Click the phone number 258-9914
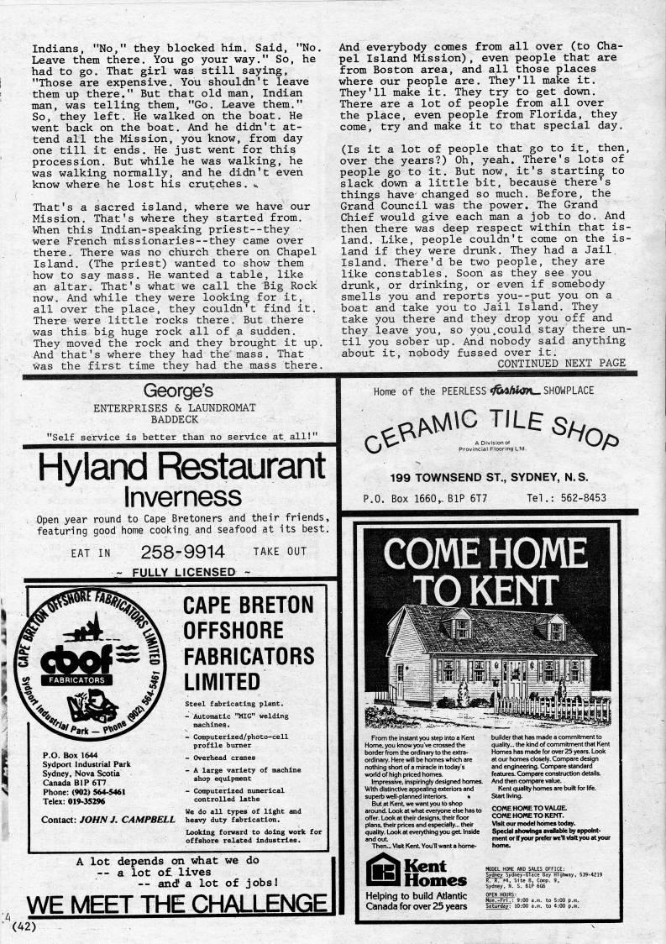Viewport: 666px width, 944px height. (x=182, y=552)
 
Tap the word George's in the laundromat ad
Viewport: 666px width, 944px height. (x=177, y=390)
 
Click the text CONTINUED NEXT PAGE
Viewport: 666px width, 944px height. (x=561, y=363)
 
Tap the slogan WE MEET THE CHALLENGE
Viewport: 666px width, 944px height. (x=176, y=904)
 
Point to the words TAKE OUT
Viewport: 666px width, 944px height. (x=280, y=552)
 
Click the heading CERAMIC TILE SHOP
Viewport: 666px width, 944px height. (x=492, y=428)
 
